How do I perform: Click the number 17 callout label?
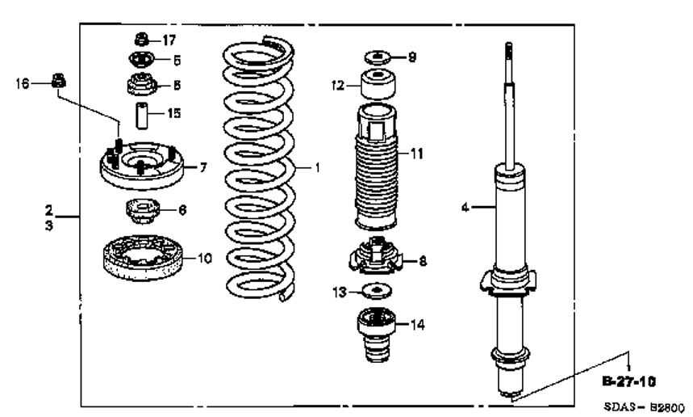[x=169, y=40]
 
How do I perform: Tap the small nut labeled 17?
[x=140, y=38]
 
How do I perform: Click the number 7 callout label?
[x=203, y=167]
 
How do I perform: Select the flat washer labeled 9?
[x=376, y=58]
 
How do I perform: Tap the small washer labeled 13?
[x=376, y=289]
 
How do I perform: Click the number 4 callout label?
[x=465, y=208]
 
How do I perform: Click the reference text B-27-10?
[x=628, y=377]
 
